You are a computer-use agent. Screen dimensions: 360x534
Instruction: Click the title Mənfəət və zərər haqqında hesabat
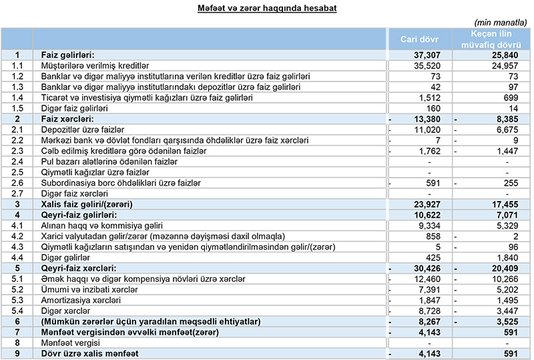coord(267,9)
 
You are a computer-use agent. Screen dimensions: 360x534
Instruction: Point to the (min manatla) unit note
coord(503,21)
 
